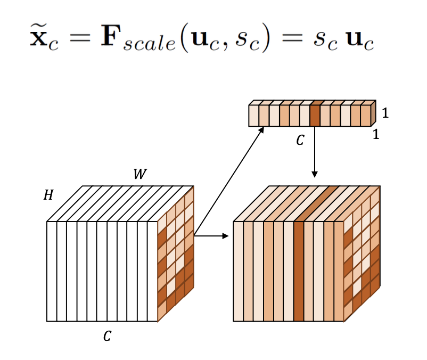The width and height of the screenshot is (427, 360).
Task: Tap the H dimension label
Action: [x=48, y=195]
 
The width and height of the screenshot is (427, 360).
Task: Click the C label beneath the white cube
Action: [x=106, y=336]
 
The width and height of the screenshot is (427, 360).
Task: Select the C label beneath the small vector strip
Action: [x=300, y=140]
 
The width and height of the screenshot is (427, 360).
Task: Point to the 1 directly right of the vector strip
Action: [x=385, y=113]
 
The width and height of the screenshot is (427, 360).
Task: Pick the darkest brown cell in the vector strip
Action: [x=315, y=116]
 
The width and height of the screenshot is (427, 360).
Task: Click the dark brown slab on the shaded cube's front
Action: [x=299, y=272]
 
